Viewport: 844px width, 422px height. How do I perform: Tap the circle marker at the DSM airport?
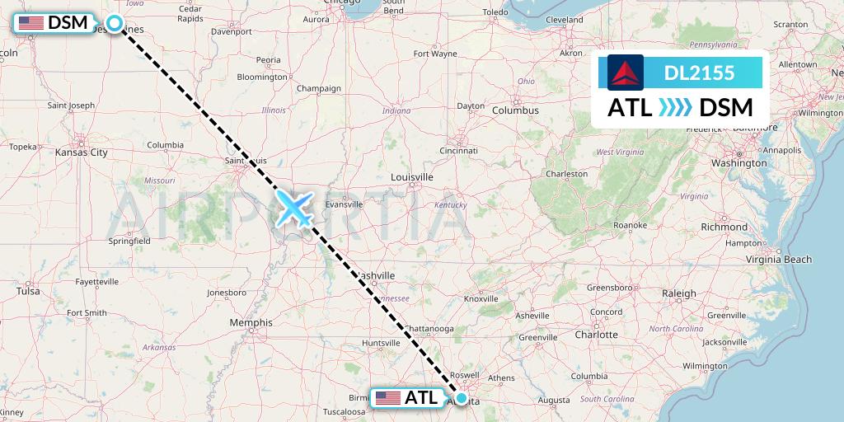(115, 24)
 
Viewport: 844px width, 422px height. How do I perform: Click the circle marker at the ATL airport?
(461, 399)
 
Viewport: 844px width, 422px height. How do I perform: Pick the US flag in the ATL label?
(388, 398)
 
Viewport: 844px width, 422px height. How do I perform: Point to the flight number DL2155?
(699, 73)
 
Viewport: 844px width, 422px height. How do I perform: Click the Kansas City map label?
(82, 152)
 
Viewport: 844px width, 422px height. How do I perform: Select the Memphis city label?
(251, 322)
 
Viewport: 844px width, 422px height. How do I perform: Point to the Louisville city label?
(412, 177)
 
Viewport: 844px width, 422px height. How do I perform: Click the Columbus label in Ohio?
(515, 110)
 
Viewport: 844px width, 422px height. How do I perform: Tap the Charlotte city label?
(597, 335)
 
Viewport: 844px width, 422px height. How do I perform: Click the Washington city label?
(739, 163)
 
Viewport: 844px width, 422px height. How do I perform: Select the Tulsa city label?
(27, 291)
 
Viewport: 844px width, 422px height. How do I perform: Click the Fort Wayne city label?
(435, 54)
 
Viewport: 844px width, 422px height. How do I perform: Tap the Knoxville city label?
(481, 299)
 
